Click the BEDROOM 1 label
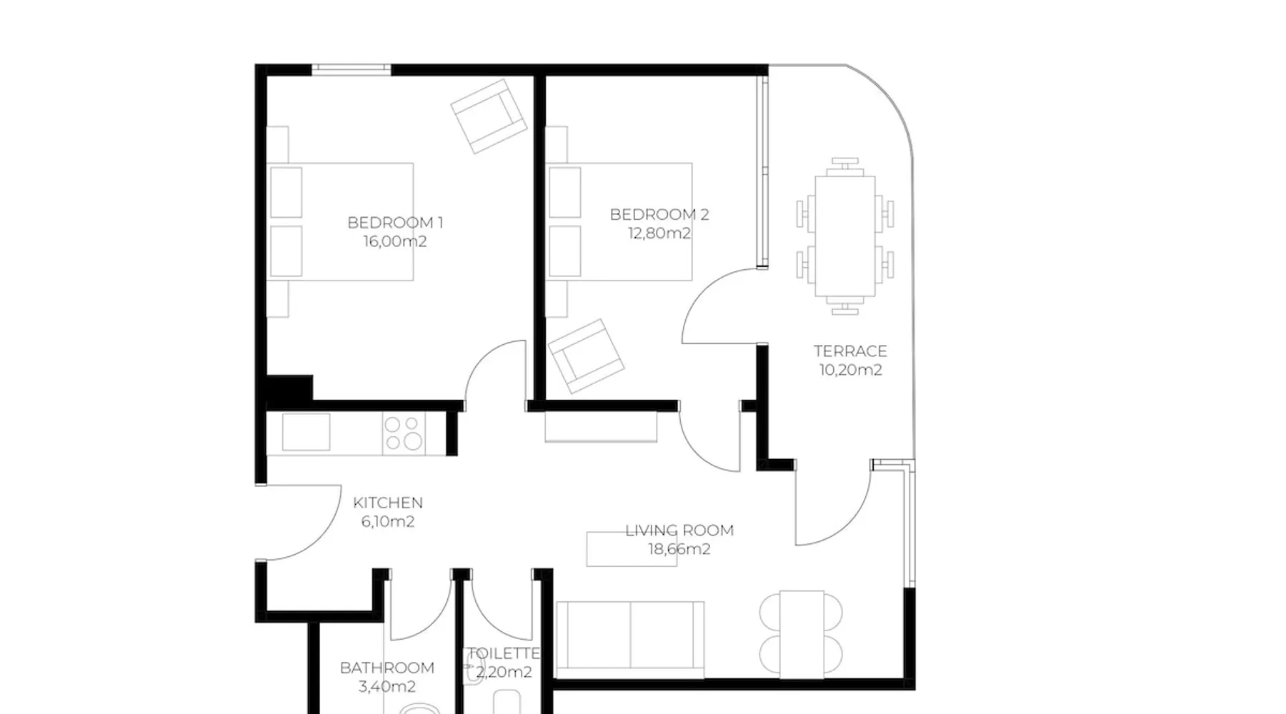click(395, 223)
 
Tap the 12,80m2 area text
click(659, 233)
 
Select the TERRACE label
click(850, 351)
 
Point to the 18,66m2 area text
click(679, 549)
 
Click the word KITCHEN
click(388, 503)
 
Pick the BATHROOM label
click(387, 668)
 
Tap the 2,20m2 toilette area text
click(504, 672)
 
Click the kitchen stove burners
click(404, 433)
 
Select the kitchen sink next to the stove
click(306, 432)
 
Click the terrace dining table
click(845, 236)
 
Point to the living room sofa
click(629, 639)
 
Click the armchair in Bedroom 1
click(489, 116)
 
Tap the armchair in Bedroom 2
click(586, 356)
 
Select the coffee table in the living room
click(632, 549)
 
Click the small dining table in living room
click(802, 635)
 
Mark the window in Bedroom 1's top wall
click(352, 69)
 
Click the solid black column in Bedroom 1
click(289, 388)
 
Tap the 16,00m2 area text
click(395, 241)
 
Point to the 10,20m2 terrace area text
click(850, 370)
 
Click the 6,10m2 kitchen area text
click(388, 521)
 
